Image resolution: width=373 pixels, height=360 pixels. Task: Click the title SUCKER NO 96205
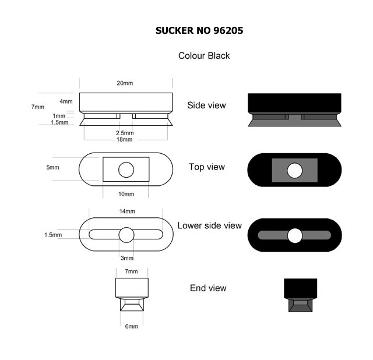click(199, 30)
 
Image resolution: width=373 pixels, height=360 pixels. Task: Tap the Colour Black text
click(204, 56)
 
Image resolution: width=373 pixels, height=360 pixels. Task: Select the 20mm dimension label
click(125, 83)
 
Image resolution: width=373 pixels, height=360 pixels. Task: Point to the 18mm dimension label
click(124, 139)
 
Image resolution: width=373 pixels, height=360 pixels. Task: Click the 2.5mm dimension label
click(125, 133)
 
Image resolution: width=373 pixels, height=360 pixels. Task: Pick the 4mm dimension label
click(66, 101)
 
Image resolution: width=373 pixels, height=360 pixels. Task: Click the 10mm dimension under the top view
click(126, 194)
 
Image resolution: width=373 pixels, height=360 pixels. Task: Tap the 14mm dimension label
click(127, 211)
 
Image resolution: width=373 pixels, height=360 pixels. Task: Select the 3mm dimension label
click(127, 258)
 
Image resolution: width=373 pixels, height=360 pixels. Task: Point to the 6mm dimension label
click(132, 326)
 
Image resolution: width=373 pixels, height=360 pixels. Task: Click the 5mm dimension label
click(53, 167)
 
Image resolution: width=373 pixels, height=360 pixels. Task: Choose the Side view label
click(206, 105)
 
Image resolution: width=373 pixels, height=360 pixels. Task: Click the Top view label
click(207, 167)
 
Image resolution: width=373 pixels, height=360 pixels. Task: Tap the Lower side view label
click(210, 225)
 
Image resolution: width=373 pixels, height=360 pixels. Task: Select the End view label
click(208, 288)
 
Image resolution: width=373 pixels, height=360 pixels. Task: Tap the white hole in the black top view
click(295, 171)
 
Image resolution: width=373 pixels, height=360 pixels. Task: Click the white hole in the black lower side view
click(295, 236)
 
